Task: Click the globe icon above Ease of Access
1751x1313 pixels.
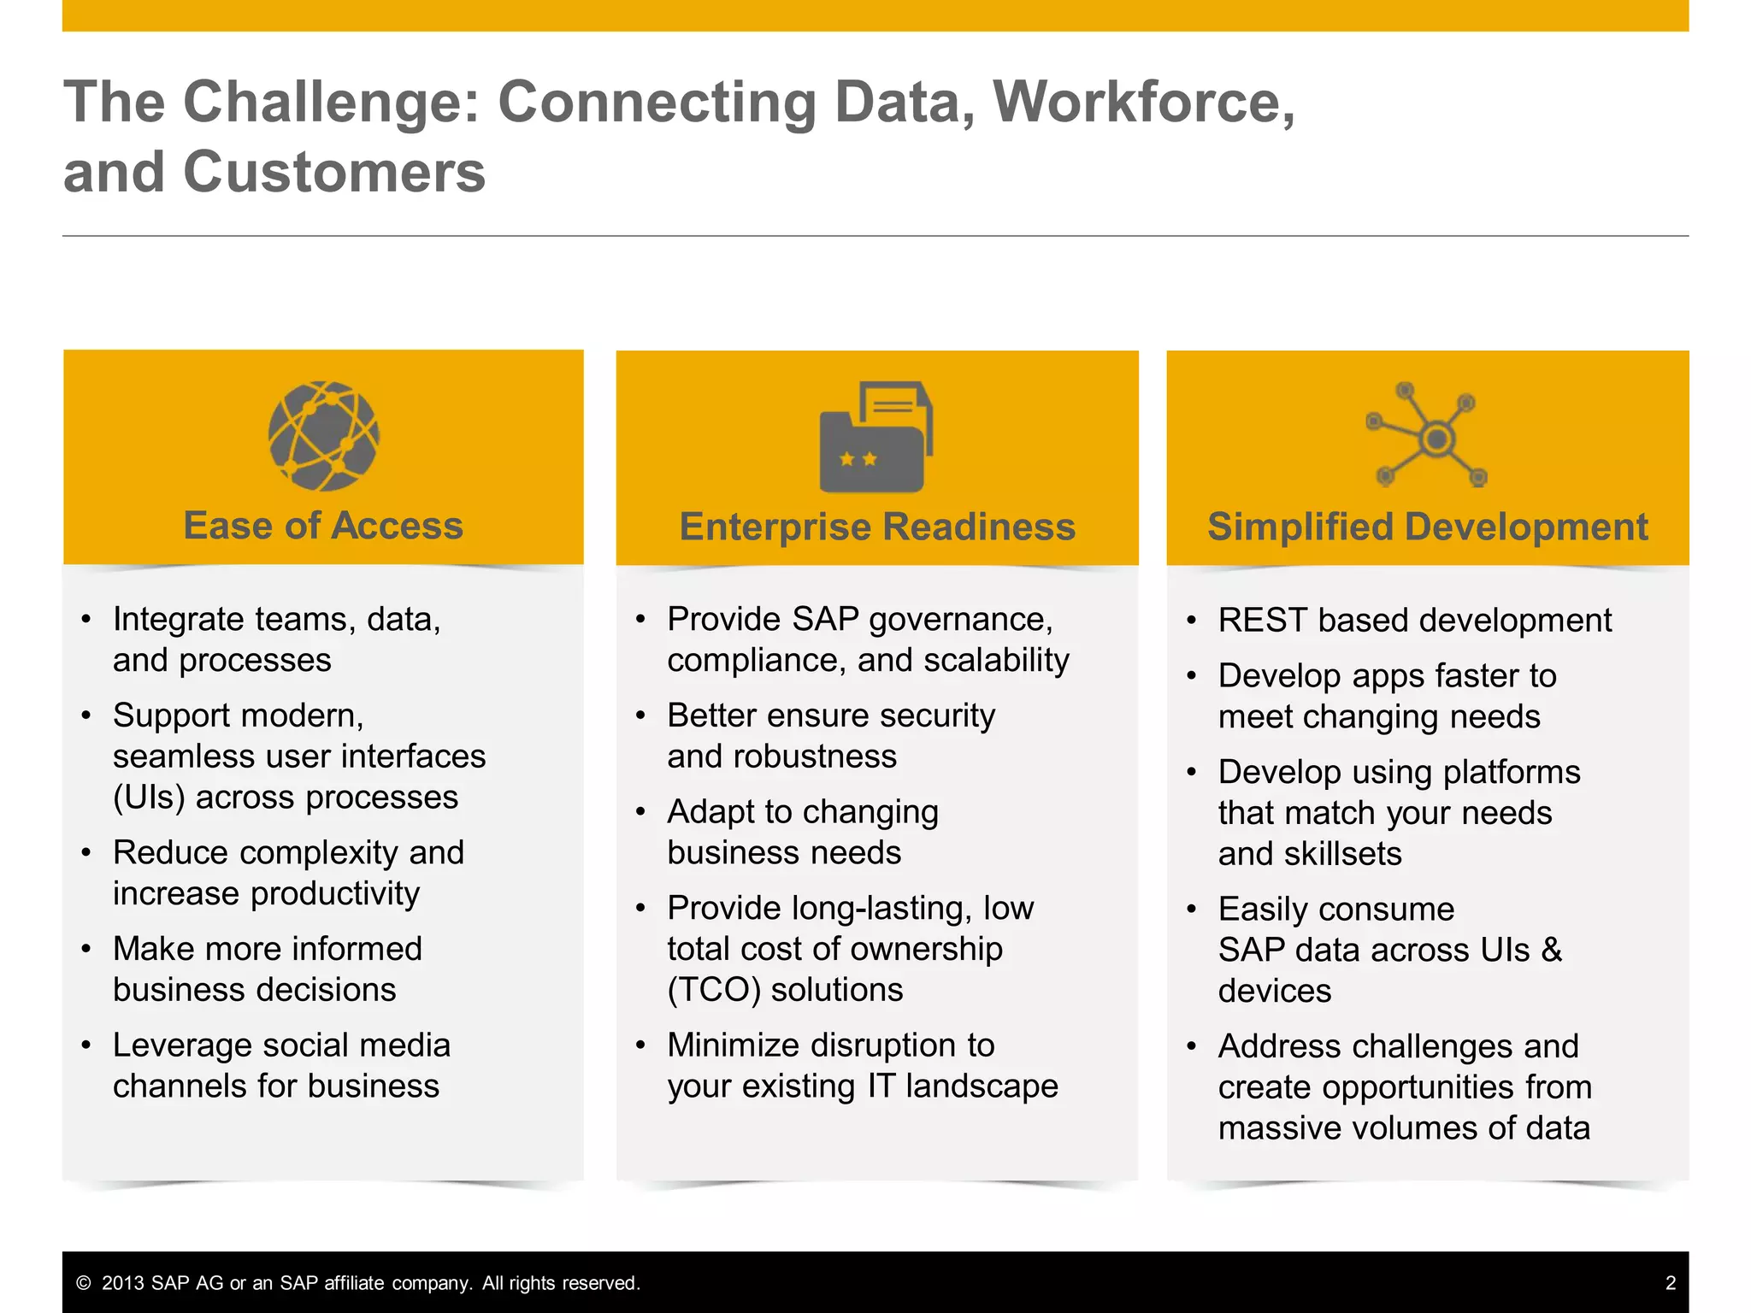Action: [x=323, y=436]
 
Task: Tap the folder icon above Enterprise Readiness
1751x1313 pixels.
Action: [x=875, y=438]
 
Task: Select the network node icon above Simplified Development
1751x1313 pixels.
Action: [x=1427, y=436]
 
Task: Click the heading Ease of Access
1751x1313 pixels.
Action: [x=323, y=525]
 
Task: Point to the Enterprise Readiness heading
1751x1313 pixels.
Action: [x=877, y=527]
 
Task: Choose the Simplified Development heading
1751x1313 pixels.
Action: [x=1427, y=527]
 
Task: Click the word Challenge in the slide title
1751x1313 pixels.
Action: [x=333, y=103]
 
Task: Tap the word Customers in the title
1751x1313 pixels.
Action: [x=334, y=173]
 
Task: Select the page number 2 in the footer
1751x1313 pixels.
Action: [x=1671, y=1283]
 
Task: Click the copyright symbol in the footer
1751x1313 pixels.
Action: [x=84, y=1283]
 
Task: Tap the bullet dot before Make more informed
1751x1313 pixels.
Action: [x=86, y=949]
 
